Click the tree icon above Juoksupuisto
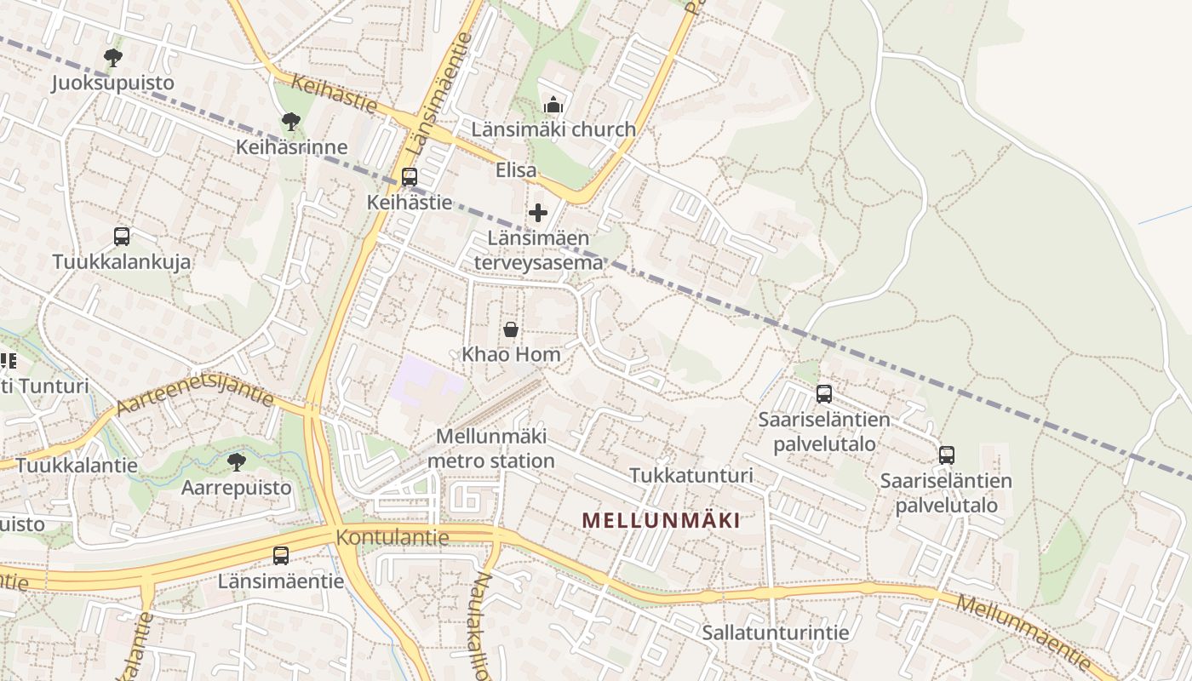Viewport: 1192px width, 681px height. [112, 58]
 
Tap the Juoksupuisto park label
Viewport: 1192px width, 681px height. [112, 83]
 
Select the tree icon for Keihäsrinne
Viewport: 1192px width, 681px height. [291, 122]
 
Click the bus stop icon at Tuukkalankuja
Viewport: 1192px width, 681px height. [122, 237]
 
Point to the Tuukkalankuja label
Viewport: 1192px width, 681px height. [122, 261]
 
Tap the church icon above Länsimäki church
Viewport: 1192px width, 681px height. [553, 106]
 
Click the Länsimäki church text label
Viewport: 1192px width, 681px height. [553, 129]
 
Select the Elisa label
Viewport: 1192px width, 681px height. [517, 170]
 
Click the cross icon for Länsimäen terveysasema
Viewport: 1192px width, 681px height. [538, 213]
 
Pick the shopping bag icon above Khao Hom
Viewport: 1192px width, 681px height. [511, 329]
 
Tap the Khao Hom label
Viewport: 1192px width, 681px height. [511, 353]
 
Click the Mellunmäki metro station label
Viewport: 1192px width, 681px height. [490, 449]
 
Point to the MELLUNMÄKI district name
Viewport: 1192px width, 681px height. [661, 520]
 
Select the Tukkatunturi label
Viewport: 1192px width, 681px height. [691, 475]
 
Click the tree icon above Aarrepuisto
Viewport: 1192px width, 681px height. [237, 462]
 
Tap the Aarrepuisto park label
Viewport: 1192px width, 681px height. [237, 488]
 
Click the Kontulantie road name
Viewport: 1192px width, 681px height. [393, 537]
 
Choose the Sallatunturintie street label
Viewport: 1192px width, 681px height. [776, 632]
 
